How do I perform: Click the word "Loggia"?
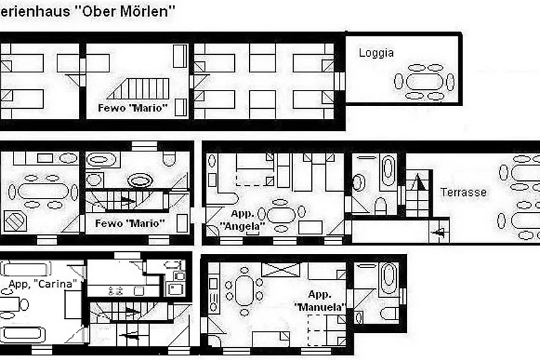tap(376, 53)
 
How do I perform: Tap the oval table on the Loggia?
tap(425, 82)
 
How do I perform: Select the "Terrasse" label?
tap(464, 192)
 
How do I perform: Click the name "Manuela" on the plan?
tap(319, 307)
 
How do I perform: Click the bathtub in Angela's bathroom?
tap(388, 170)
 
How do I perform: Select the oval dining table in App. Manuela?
tap(244, 291)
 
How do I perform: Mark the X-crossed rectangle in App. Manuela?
tap(281, 269)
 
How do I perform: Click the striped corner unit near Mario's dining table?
tap(16, 221)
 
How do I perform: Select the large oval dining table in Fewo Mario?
tap(43, 191)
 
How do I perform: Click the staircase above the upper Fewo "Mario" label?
tap(138, 88)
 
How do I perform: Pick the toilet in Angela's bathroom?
tap(381, 206)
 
